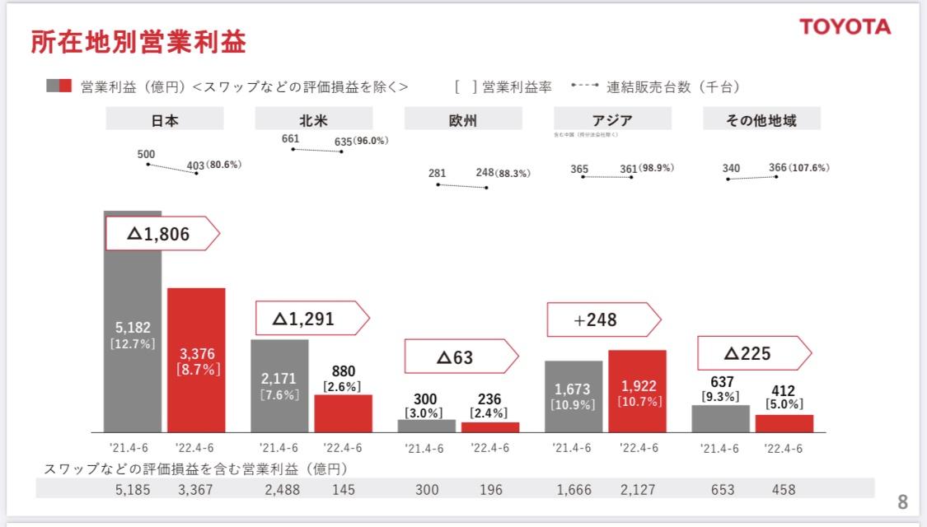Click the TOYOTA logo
point(845,27)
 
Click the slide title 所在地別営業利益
point(138,42)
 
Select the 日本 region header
point(165,120)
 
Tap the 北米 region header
point(314,120)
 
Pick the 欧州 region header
point(463,120)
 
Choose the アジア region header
point(612,120)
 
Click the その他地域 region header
point(761,120)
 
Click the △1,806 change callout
point(162,235)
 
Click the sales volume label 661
point(290,139)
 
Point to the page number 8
point(902,501)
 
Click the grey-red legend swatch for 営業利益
point(59,86)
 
